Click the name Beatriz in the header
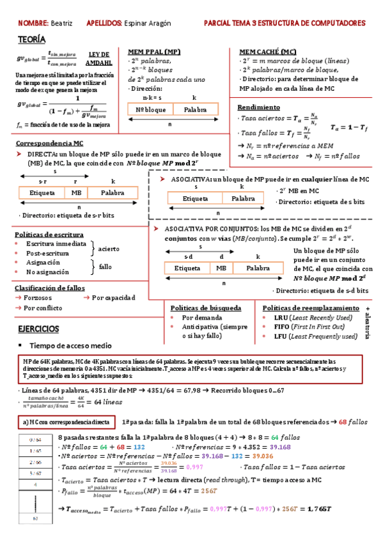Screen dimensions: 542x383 pos(62,23)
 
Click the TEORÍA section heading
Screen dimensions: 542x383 pos(31,39)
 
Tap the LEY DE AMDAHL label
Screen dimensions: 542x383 pos(99,59)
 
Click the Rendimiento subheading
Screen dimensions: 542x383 pos(258,107)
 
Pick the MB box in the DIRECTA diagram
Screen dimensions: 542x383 pos(77,192)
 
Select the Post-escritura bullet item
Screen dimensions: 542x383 pos(47,253)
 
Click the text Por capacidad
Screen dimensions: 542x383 pos(113,298)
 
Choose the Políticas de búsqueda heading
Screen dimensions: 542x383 pos(206,308)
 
